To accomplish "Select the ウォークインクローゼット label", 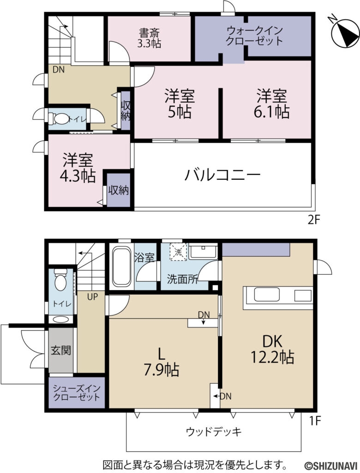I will pos(254,36).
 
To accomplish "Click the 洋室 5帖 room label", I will pos(180,104).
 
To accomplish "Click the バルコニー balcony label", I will pos(223,175).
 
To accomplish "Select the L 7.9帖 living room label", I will pos(161,362).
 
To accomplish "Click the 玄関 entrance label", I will pos(60,351).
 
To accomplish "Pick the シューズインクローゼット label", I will pos(76,392).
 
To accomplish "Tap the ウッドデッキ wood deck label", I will pos(214,432).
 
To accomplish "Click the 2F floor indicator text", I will pos(314,220).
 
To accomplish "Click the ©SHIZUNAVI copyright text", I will pos(330,464).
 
